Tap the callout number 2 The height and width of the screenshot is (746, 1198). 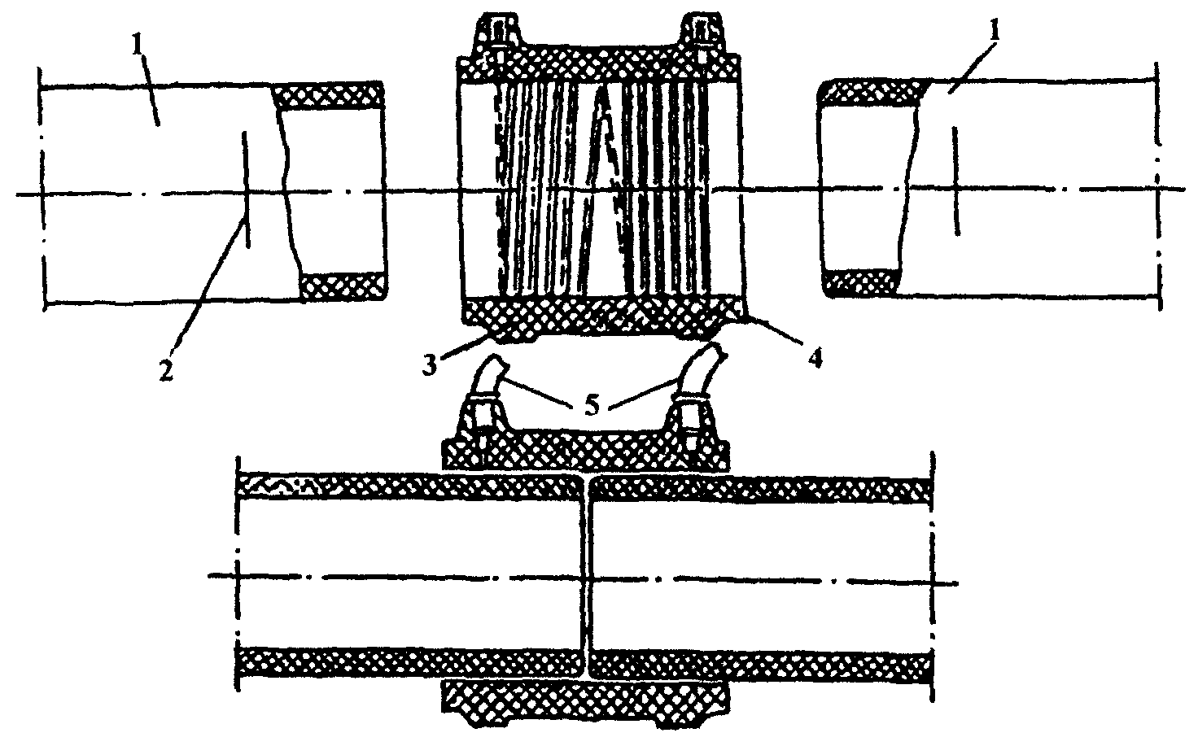click(x=166, y=370)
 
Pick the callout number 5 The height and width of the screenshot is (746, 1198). click(x=592, y=406)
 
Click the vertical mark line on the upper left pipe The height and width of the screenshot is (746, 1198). click(x=246, y=190)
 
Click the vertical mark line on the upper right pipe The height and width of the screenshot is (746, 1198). click(x=956, y=181)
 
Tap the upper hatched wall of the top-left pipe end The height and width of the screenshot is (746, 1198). click(x=327, y=96)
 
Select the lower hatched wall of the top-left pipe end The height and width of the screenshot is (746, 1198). click(x=343, y=286)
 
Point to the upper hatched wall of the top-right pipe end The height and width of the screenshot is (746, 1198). click(x=872, y=93)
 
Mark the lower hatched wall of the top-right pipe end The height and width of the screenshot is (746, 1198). click(x=860, y=282)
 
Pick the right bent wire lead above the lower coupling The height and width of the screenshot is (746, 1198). click(x=698, y=378)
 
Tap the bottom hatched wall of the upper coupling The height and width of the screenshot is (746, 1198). click(x=601, y=318)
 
